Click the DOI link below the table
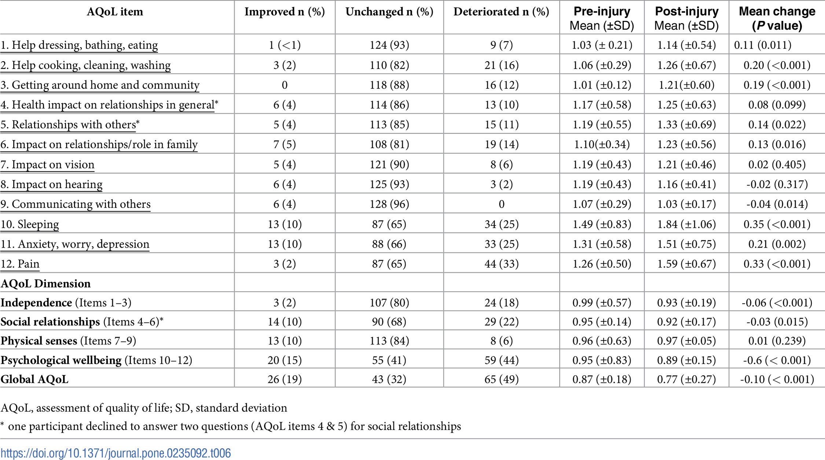[x=115, y=453]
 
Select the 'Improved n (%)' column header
[x=285, y=12]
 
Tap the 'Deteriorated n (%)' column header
[x=501, y=12]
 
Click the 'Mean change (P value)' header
[x=777, y=18]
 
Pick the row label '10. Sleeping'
[x=30, y=224]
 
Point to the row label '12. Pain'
[x=20, y=264]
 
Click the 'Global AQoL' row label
[x=34, y=379]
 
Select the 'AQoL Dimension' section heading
[x=45, y=284]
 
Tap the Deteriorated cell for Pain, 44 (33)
[x=501, y=264]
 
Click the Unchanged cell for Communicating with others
[x=389, y=204]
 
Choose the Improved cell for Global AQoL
[x=285, y=379]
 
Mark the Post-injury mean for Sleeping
[x=686, y=224]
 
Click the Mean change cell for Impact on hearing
[x=777, y=184]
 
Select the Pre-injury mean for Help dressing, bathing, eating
[x=602, y=45]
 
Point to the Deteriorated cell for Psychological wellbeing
[x=501, y=360]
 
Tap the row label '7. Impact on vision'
[x=47, y=165]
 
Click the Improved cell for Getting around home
[x=285, y=85]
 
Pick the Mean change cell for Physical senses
[x=777, y=341]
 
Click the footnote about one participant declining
[x=231, y=426]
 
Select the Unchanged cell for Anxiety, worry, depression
[x=389, y=244]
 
